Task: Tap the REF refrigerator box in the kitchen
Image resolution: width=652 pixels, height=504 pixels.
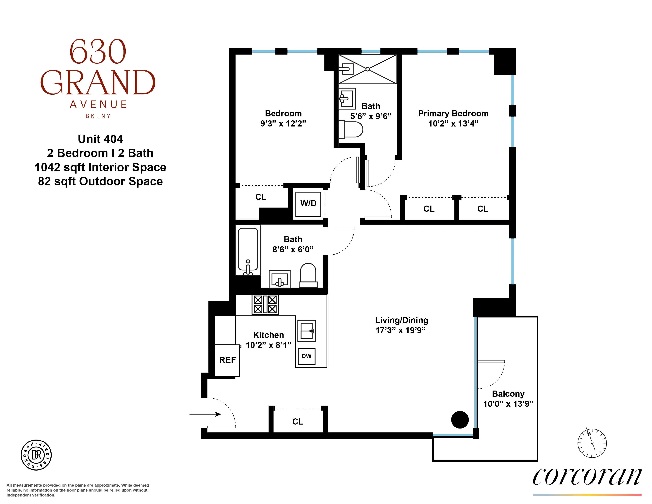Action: tap(227, 360)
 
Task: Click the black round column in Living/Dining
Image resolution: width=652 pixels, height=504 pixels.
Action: tap(460, 419)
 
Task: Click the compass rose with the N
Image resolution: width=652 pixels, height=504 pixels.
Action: tap(592, 443)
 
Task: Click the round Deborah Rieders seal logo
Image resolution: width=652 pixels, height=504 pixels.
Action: tap(36, 455)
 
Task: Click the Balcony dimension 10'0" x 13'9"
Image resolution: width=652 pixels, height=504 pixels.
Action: tap(508, 404)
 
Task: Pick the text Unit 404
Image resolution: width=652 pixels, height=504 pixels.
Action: tap(100, 139)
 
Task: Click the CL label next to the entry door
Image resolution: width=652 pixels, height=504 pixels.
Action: tap(298, 421)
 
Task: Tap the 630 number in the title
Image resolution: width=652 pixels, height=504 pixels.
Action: tap(98, 52)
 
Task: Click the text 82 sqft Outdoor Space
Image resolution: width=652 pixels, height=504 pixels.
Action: tap(100, 181)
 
